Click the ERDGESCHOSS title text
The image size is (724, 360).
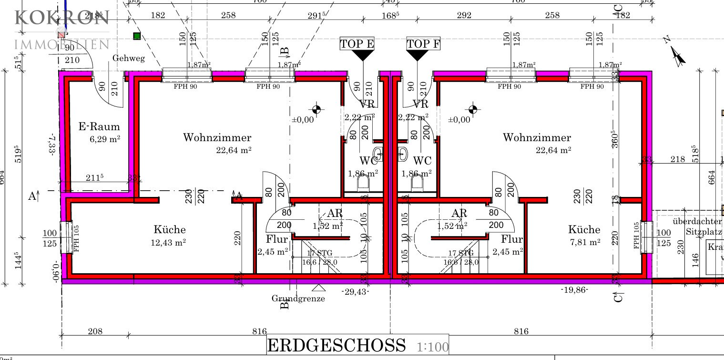pyautogui.click(x=337, y=345)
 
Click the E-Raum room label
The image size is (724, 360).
pyautogui.click(x=99, y=127)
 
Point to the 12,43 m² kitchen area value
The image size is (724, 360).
pyautogui.click(x=168, y=242)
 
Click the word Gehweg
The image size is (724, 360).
pyautogui.click(x=128, y=58)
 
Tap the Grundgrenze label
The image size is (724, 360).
pyautogui.click(x=298, y=298)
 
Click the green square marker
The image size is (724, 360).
pyautogui.click(x=137, y=36)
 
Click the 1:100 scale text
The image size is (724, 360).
pyautogui.click(x=433, y=347)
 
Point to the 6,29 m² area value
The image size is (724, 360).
pyautogui.click(x=105, y=139)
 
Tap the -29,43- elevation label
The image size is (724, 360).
pyautogui.click(x=356, y=291)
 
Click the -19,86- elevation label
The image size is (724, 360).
pyautogui.click(x=574, y=289)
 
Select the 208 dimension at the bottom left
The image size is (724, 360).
pyautogui.click(x=95, y=331)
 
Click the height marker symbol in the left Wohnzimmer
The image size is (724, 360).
pyautogui.click(x=316, y=110)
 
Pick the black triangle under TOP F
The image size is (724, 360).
pyautogui.click(x=418, y=55)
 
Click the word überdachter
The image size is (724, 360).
pyautogui.click(x=697, y=222)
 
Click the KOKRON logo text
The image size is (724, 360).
pyautogui.click(x=62, y=18)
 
